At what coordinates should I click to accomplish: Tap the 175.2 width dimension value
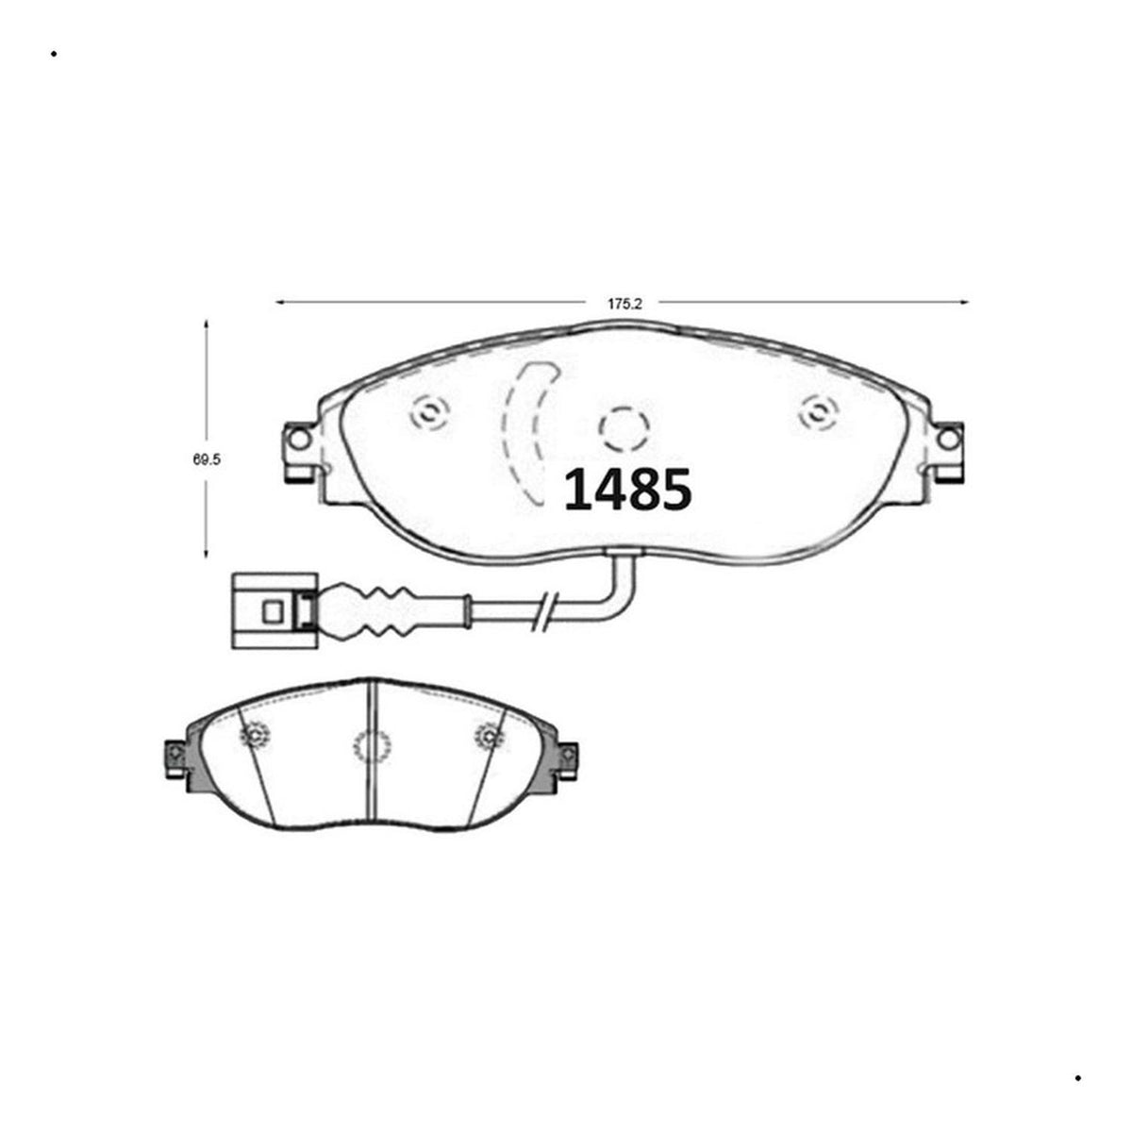click(x=625, y=305)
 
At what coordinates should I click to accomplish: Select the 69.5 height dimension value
click(x=207, y=460)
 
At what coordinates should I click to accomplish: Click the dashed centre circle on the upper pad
click(x=624, y=429)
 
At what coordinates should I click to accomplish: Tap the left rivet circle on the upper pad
click(x=429, y=413)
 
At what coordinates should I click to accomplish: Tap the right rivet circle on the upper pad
click(x=820, y=414)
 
